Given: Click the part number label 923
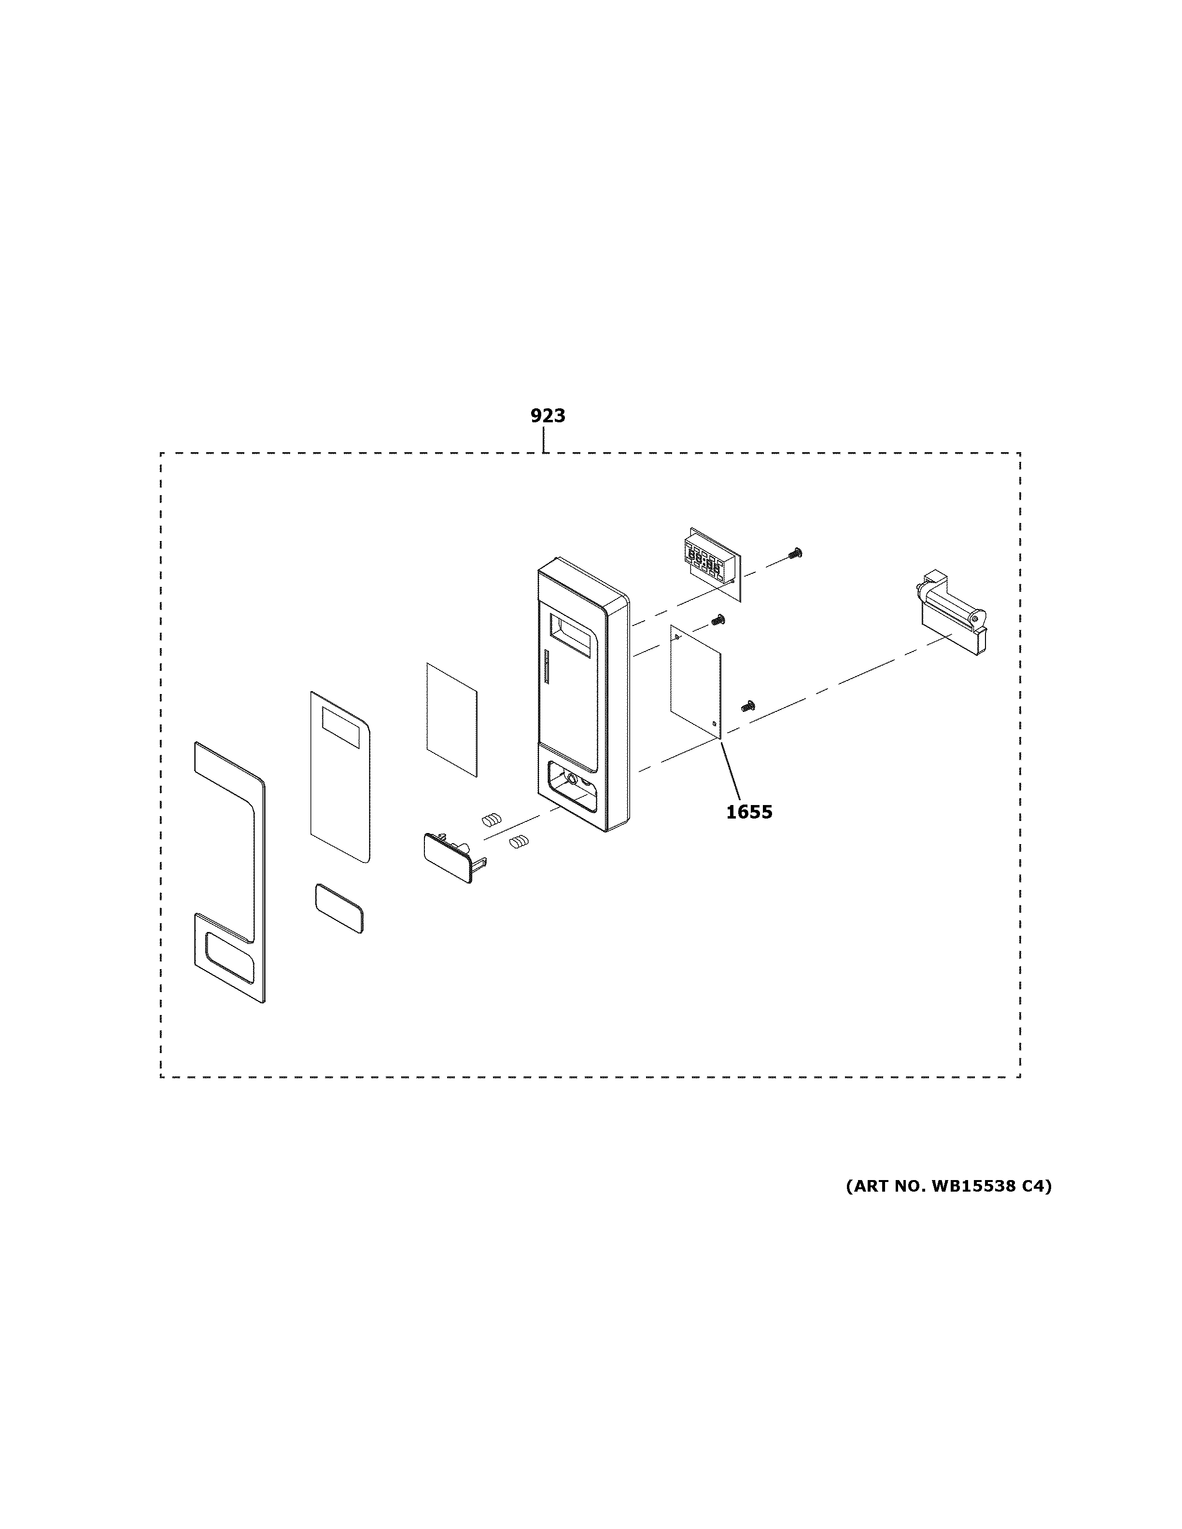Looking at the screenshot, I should pos(548,416).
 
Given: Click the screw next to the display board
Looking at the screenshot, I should pos(795,553).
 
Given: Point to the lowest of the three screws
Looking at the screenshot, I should pos(747,707).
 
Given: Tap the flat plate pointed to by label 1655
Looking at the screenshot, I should pos(695,681).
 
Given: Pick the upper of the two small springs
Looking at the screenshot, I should pos(492,820).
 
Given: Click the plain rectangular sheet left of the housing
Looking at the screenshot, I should pos(451,719).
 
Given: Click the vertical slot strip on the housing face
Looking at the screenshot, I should pos(545,668).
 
